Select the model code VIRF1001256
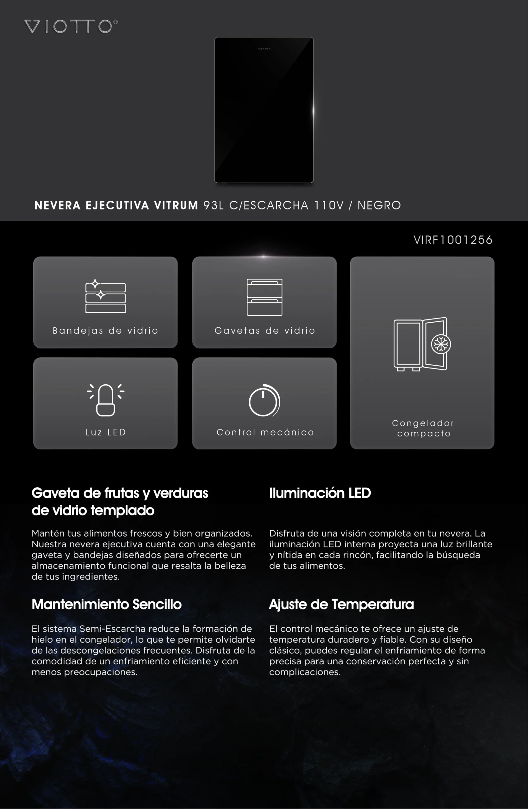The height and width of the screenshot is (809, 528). pos(453,240)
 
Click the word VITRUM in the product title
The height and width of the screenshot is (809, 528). pos(176,205)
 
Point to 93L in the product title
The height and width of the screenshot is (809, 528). pos(213,205)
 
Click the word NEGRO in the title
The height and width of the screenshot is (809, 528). pos(379,205)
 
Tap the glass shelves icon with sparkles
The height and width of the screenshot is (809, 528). pos(105,296)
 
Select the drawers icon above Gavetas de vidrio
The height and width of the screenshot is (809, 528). pos(264,297)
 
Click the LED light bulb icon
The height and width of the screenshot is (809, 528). pos(105,400)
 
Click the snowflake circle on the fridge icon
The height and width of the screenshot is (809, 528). pos(441,344)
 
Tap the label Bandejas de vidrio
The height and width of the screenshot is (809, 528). pos(105,331)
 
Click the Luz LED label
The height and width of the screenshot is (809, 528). pos(106,432)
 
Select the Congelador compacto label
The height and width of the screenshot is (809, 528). pos(423,428)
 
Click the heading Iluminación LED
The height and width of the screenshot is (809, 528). pos(320,493)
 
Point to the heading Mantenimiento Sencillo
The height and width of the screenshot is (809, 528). pos(107,604)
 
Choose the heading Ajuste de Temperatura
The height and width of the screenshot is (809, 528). pos(341,604)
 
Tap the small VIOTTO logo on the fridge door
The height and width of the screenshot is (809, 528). pos(264,49)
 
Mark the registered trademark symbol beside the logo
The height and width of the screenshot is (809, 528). pos(115,22)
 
